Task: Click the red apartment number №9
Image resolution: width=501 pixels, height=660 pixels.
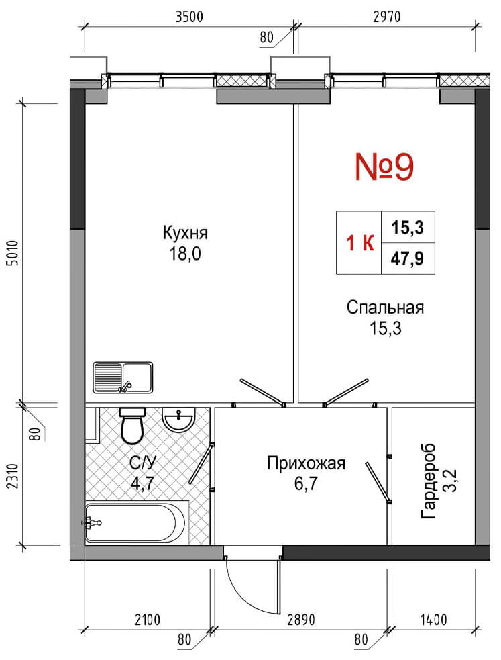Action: point(384,167)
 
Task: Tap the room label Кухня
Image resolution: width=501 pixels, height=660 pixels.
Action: point(185,233)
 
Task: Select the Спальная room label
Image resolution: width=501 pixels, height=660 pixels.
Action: point(385,308)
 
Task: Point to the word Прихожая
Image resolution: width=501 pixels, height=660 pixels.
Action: point(306,463)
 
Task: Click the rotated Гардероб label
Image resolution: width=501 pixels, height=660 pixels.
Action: point(429,481)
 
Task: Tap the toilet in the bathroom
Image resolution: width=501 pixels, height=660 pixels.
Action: point(132,425)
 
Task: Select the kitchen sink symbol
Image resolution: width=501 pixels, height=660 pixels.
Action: point(123,377)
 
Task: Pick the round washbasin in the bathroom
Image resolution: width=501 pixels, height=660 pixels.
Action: point(179,419)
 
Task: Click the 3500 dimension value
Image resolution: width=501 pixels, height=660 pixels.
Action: point(189,17)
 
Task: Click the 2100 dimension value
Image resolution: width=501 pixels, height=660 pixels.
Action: point(148,620)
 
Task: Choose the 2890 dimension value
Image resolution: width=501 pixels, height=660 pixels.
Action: point(301,620)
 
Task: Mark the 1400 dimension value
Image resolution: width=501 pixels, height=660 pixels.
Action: point(433,620)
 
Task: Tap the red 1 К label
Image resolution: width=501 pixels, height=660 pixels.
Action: point(359,243)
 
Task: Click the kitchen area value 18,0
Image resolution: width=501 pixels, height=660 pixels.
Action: point(185,253)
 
